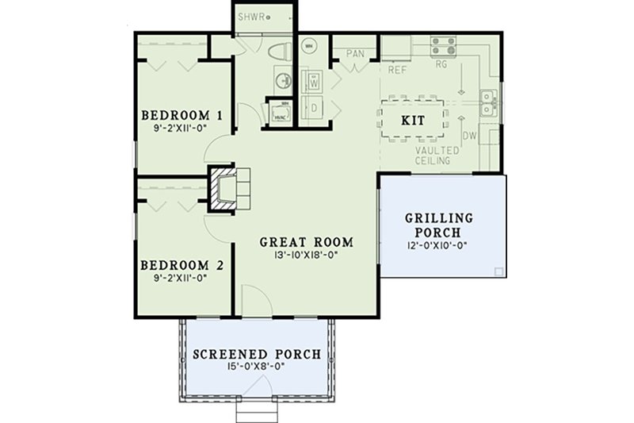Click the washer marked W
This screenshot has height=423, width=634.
[313, 81]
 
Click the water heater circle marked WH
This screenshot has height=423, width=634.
[309, 47]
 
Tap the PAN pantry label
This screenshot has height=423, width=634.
[355, 54]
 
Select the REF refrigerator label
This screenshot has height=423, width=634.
[397, 70]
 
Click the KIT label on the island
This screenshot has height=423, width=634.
[413, 121]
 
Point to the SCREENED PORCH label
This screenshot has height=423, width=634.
[258, 354]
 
